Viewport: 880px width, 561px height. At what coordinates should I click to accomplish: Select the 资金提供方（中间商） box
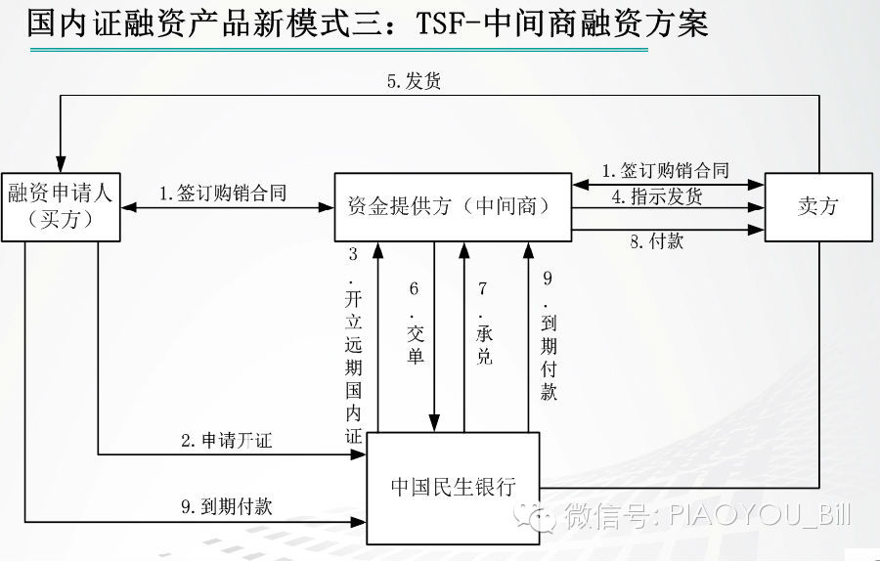(x=453, y=206)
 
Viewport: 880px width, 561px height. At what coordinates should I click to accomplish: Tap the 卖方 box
(x=817, y=206)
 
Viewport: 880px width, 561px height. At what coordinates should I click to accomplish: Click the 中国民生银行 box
(x=453, y=486)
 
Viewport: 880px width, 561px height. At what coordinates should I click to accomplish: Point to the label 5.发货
(x=413, y=81)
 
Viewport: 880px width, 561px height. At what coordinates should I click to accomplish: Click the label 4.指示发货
(x=657, y=196)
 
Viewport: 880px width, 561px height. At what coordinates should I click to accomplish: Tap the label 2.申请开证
(x=226, y=441)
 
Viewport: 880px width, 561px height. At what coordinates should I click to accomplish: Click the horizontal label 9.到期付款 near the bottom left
(x=226, y=506)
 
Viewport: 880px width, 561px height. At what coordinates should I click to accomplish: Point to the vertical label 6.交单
(x=415, y=323)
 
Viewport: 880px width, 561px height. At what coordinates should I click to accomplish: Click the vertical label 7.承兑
(x=483, y=323)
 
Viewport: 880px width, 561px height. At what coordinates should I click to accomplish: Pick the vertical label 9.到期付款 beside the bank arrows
(x=548, y=334)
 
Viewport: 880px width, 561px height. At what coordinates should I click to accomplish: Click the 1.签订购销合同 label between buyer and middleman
(x=223, y=194)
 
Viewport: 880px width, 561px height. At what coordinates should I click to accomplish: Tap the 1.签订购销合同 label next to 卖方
(x=665, y=171)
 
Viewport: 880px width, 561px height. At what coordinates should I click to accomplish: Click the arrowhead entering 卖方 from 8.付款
(x=758, y=231)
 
